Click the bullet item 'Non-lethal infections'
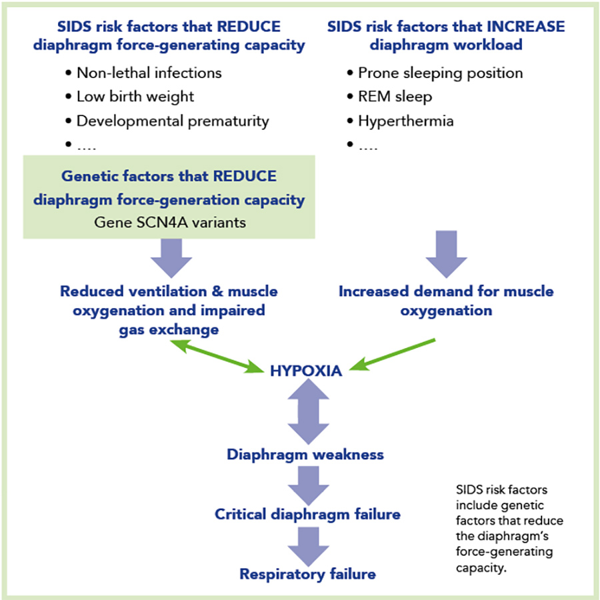(149, 73)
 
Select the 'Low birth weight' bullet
(135, 97)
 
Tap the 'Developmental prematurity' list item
(172, 121)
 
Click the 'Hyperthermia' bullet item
(405, 121)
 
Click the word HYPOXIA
(306, 371)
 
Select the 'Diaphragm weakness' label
(305, 455)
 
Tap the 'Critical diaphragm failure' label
(307, 514)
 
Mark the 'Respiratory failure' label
(307, 573)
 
